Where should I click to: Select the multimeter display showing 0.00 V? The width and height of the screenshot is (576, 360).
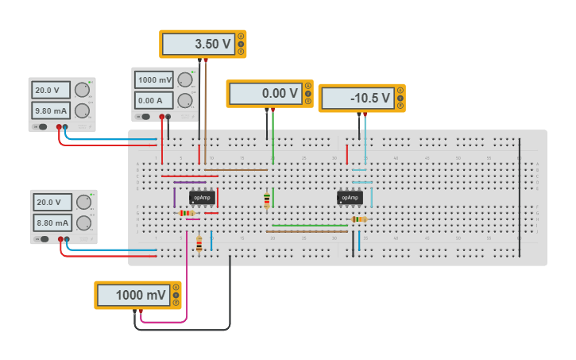pos(265,94)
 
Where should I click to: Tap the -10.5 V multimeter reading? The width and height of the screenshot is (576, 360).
pos(358,99)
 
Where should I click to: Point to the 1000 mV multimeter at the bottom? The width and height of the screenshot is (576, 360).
pos(133,296)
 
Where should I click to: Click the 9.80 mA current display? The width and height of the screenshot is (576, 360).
pos(52,110)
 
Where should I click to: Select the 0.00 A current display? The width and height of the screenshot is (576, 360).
pos(154,100)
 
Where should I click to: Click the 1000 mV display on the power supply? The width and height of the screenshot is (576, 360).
pos(154,79)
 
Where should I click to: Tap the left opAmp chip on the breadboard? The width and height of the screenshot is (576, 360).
pos(202,198)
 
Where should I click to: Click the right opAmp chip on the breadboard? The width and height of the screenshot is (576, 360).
pos(350,198)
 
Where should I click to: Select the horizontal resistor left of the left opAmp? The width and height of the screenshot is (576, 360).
pos(187,213)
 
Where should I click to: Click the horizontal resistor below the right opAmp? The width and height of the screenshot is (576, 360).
pos(358,219)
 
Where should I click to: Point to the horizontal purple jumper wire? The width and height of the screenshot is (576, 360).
pos(190,183)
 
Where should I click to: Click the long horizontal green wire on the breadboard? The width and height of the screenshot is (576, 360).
pos(310,226)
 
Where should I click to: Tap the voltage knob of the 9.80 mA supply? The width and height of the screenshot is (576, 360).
pos(83,90)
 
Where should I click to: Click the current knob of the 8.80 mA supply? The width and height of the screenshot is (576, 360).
pos(83,223)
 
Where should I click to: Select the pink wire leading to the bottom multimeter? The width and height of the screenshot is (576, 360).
pos(187,286)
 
